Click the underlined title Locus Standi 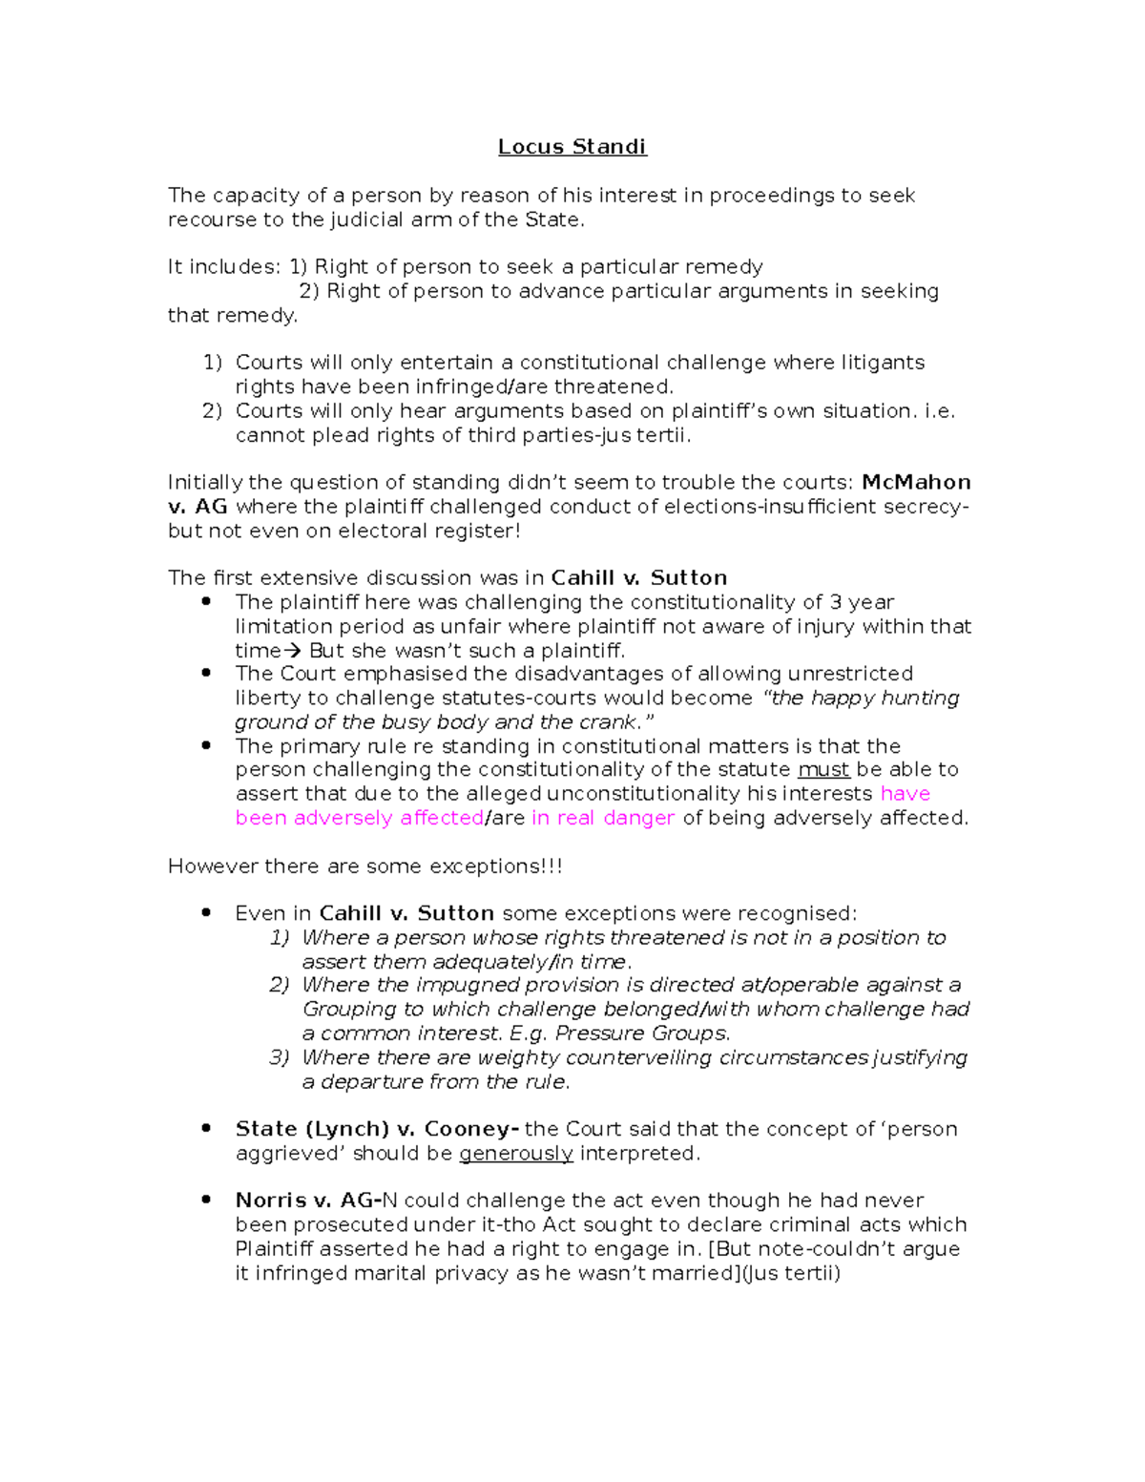[x=572, y=147]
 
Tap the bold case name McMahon [x=915, y=483]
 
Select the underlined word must [x=822, y=770]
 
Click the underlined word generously [x=515, y=1154]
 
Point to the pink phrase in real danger [x=603, y=819]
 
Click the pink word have [x=905, y=794]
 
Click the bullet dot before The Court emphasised [x=206, y=673]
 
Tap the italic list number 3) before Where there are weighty [x=279, y=1057]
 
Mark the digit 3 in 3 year [x=835, y=603]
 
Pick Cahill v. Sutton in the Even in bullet [x=406, y=914]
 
